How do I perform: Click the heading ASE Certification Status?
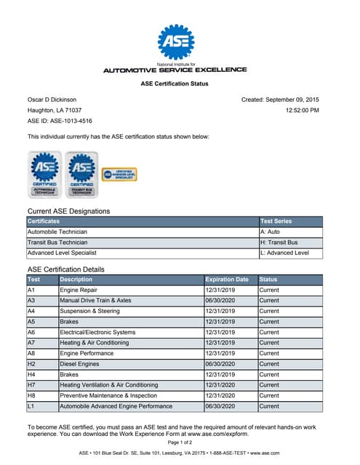pyautogui.click(x=175, y=84)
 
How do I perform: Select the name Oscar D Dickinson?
pyautogui.click(x=52, y=100)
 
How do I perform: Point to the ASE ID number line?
pyautogui.click(x=60, y=121)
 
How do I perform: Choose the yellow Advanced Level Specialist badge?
pyautogui.click(x=119, y=174)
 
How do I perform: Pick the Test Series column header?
pyautogui.click(x=278, y=221)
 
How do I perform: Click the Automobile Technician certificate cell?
pyautogui.click(x=58, y=232)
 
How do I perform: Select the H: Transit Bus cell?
pyautogui.click(x=279, y=242)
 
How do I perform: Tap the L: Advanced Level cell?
pyautogui.click(x=284, y=253)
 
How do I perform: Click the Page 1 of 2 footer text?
pyautogui.click(x=180, y=442)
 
